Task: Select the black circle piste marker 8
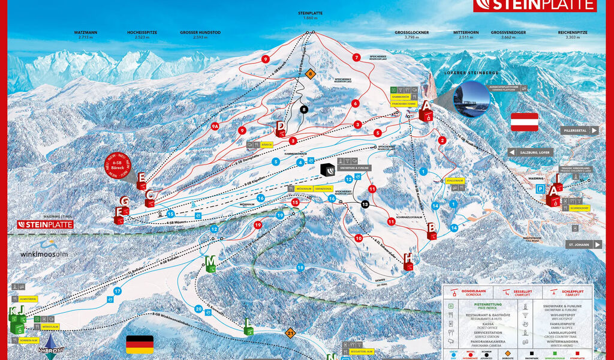pyautogui.click(x=304, y=109)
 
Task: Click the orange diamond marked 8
pyautogui.click(x=310, y=74)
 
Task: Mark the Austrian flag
pyautogui.click(x=524, y=122)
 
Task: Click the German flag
pyautogui.click(x=139, y=344)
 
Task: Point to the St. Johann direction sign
pyautogui.click(x=585, y=245)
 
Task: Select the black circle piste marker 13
pyautogui.click(x=365, y=205)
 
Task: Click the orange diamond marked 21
pyautogui.click(x=291, y=332)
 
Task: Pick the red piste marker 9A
pyautogui.click(x=215, y=126)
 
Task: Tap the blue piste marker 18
pyautogui.click(x=300, y=267)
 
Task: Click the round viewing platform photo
pyautogui.click(x=472, y=98)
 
